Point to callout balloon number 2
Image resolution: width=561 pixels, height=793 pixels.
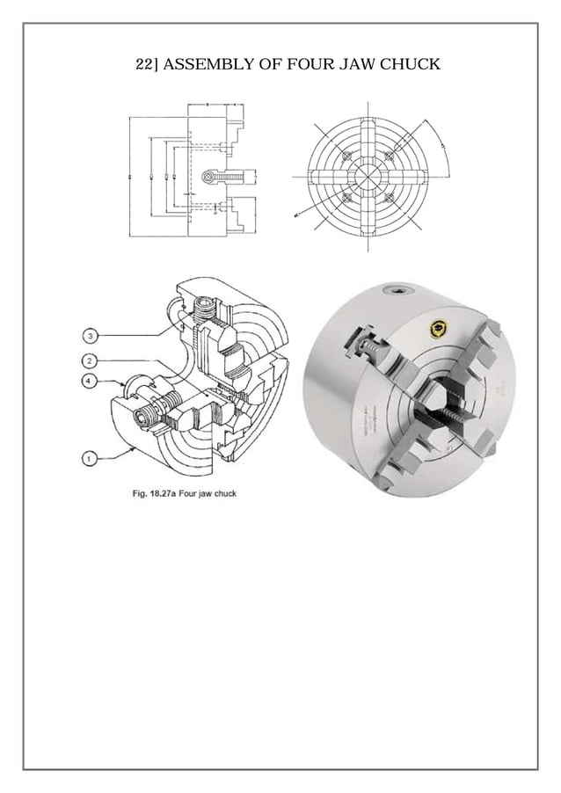pos(91,361)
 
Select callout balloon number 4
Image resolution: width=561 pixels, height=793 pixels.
pos(91,381)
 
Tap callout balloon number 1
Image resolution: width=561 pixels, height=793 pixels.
pos(91,456)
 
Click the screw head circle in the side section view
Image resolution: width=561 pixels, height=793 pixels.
pos(208,177)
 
